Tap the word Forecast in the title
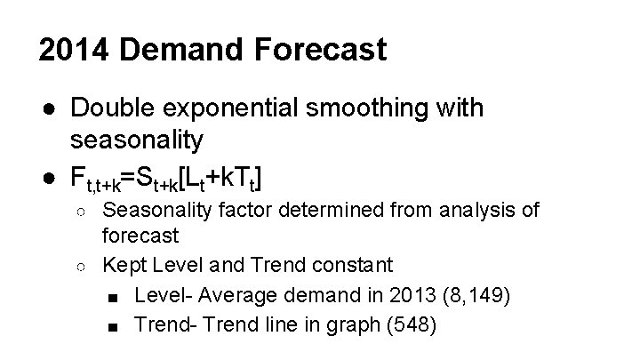319,50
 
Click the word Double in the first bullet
116,108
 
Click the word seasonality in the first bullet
137,140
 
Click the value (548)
411,324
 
